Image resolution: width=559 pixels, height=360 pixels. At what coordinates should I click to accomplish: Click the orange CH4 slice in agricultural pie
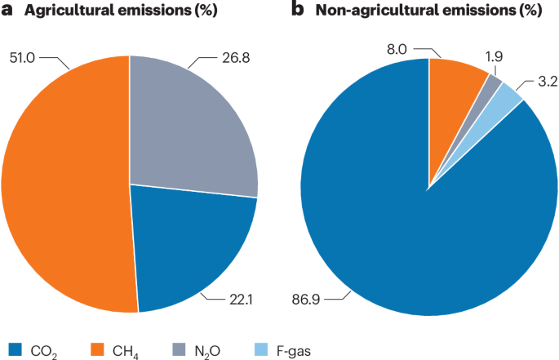coord(65,188)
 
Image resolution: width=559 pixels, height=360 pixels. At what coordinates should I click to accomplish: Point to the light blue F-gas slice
coord(508,96)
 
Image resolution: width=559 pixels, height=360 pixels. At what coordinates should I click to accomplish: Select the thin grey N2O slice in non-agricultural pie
coord(492,83)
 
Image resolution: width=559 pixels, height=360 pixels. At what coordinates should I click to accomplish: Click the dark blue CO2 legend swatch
coord(11,350)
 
